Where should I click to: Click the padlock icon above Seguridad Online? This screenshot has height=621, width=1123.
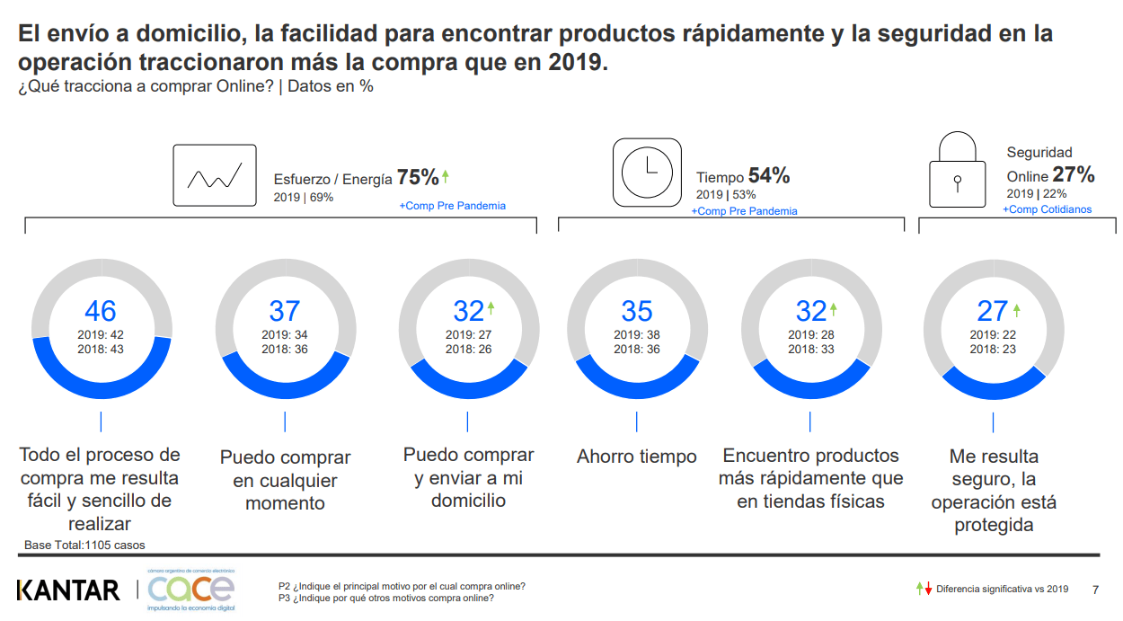point(957,171)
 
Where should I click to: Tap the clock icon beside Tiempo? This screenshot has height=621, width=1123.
point(647,173)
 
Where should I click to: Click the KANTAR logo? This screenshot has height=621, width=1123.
point(68,590)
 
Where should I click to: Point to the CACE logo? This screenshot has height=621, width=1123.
point(190,590)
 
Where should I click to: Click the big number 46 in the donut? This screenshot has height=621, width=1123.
point(101,311)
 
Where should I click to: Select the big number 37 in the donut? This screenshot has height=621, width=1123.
point(285,311)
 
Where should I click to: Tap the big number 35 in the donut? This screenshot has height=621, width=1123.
point(637,311)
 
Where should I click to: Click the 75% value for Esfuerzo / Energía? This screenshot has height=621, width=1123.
point(418,177)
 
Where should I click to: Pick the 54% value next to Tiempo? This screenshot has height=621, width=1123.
point(769,176)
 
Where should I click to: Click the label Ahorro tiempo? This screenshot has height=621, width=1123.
point(637,457)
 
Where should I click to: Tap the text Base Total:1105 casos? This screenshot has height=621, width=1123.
point(84,545)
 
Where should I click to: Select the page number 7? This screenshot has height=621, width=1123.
point(1094,590)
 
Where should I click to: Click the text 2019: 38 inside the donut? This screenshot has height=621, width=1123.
point(637,335)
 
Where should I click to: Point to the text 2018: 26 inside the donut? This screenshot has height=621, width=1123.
point(469,349)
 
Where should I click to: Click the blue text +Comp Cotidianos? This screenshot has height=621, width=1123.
point(1048,209)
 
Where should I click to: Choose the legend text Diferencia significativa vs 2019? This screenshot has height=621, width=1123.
point(1002,590)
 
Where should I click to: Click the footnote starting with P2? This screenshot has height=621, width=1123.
point(402,586)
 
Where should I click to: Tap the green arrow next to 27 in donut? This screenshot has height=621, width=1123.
point(1017,309)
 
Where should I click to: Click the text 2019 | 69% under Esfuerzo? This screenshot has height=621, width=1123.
point(304,197)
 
